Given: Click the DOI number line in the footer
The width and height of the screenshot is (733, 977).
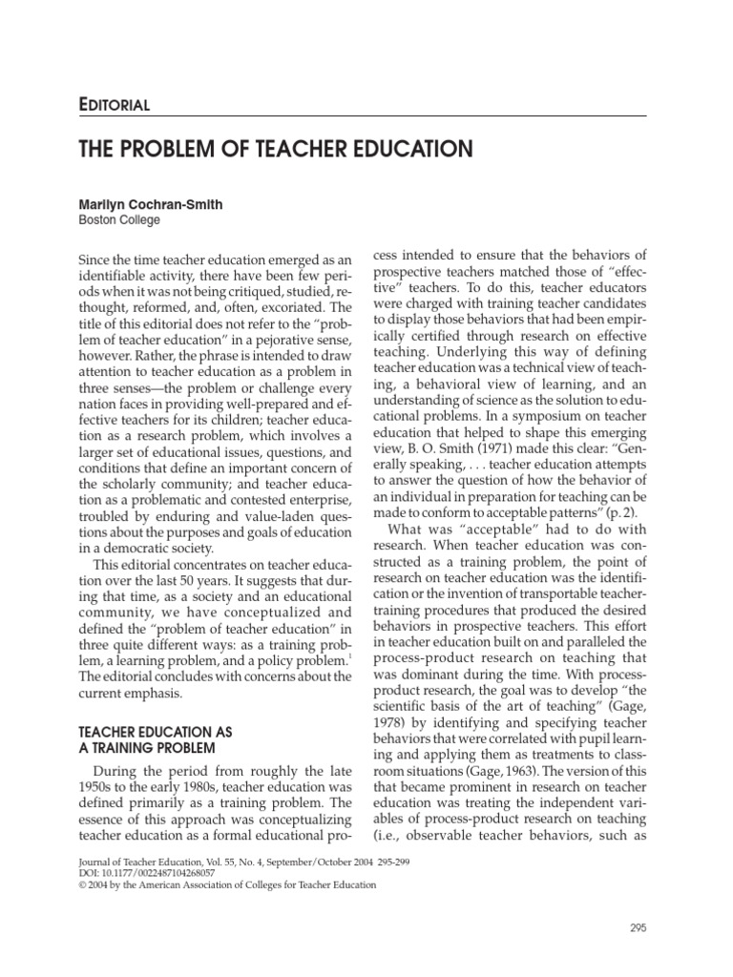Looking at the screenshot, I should tap(139, 871).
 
